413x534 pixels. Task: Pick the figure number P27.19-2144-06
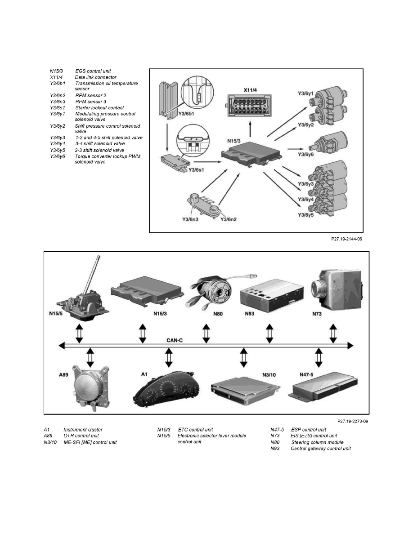[346, 239]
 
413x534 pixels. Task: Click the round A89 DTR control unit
[90, 388]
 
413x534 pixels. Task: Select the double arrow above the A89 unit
[90, 357]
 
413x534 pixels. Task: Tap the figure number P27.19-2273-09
[353, 421]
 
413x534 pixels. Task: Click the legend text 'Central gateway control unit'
[321, 449]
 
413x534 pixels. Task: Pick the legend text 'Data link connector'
[95, 77]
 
